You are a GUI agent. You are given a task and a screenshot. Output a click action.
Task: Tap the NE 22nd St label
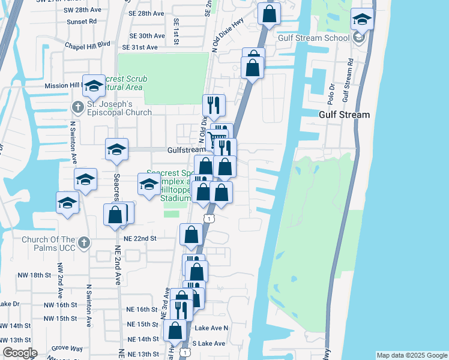pos(140,238)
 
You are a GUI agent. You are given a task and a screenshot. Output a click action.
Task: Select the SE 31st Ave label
pos(139,47)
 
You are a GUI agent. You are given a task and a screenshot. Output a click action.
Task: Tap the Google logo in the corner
pos(19,353)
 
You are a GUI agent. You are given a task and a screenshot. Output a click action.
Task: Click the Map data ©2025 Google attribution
pos(412,355)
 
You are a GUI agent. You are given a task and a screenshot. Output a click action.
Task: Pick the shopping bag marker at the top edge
pos(270,12)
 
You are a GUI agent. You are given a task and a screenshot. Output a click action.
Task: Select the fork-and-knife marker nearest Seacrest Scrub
pos(214,106)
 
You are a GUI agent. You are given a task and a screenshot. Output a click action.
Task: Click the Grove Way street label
pos(67,347)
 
